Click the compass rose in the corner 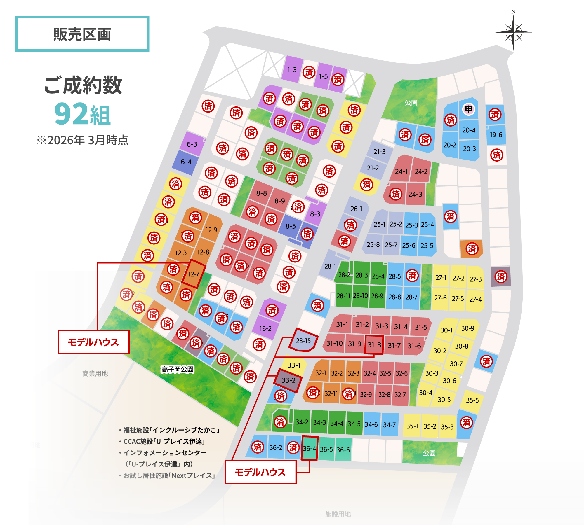point(513,32)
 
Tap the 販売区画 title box point(82,34)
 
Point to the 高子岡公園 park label point(177,370)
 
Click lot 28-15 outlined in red point(303,341)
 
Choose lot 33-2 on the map point(288,380)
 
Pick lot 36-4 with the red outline point(310,449)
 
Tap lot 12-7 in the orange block point(194,274)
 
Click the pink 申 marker point(469,109)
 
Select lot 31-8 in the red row point(374,345)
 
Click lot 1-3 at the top point(292,70)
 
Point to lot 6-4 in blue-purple point(186,162)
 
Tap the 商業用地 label point(95,374)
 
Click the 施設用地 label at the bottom point(338,514)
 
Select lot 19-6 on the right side point(496,135)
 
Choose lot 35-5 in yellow point(472,400)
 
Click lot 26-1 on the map point(356,209)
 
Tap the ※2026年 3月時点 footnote point(83,140)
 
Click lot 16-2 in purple point(265,329)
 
